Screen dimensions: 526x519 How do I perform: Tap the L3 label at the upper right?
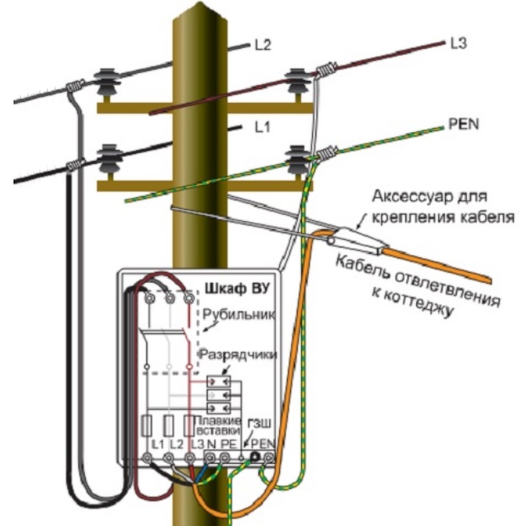click(458, 43)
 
